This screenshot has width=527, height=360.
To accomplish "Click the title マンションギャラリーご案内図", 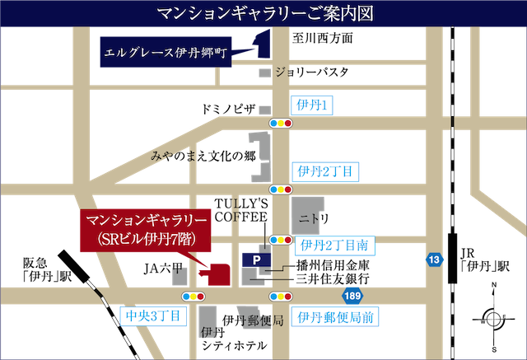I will click(263, 14).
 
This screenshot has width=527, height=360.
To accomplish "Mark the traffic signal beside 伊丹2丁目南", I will click(281, 240).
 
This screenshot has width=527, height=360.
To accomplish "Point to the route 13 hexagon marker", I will click(435, 260).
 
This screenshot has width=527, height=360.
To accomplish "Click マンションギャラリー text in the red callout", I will click(146, 222).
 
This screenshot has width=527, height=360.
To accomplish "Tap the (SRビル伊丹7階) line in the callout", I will click(146, 239).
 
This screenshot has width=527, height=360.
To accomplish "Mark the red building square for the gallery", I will click(219, 273).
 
